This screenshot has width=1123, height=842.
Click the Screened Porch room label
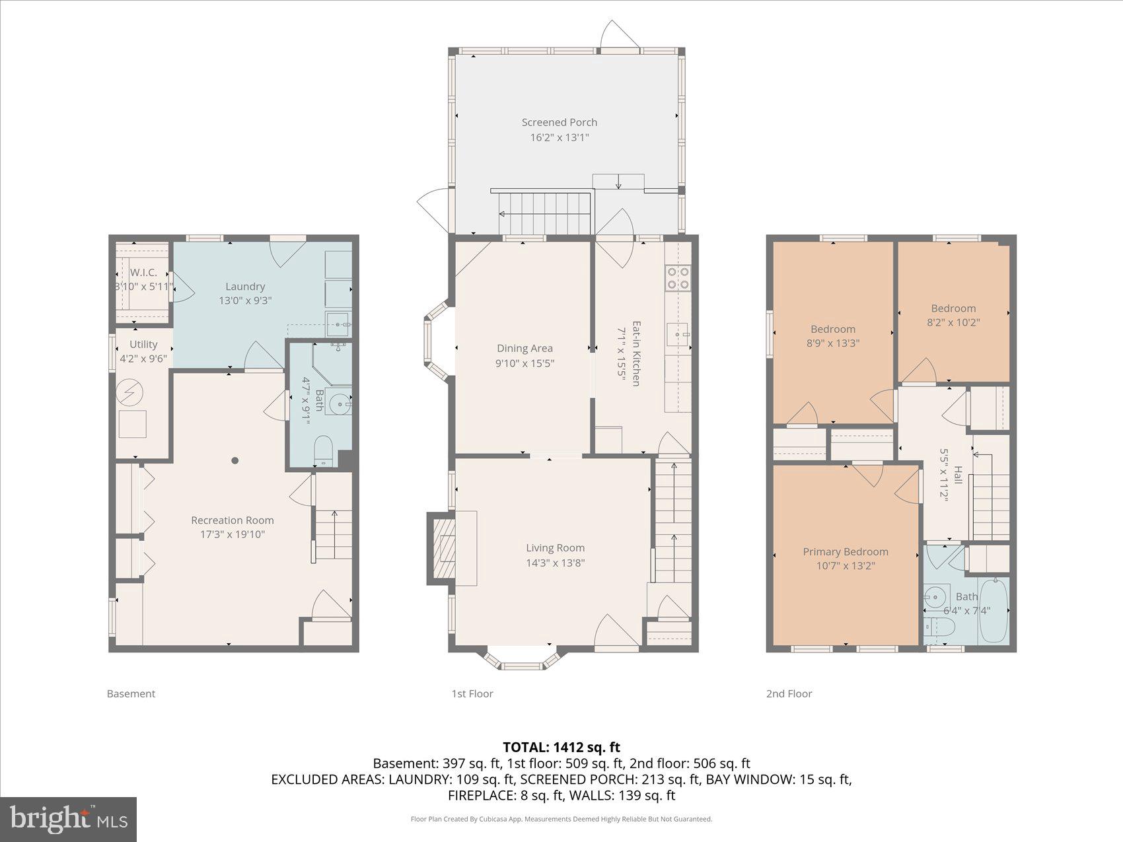[559, 122]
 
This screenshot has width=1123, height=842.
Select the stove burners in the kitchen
[678, 277]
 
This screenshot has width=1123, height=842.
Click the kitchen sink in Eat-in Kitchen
[677, 335]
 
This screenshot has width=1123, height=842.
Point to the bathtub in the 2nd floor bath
[994, 610]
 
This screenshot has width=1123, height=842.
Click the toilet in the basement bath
[323, 450]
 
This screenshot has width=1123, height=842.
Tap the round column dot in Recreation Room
[235, 461]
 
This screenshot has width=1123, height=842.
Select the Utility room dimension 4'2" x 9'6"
[143, 359]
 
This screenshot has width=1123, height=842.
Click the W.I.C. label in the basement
[143, 273]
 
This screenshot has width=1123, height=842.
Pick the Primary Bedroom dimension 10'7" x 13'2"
[846, 566]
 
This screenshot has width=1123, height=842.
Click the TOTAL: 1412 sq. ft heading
[561, 747]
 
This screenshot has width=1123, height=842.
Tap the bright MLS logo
[69, 820]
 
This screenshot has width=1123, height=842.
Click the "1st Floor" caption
[472, 693]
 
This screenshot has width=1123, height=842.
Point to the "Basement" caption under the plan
[131, 693]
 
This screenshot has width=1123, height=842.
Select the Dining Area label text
[525, 348]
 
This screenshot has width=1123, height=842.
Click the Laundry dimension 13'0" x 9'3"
[245, 300]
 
